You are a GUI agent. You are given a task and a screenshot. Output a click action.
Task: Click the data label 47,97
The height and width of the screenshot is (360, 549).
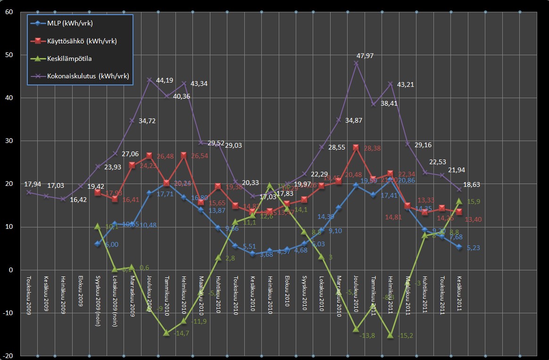(x=365, y=56)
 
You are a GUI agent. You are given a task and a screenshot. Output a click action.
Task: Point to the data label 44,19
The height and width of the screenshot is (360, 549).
(x=163, y=80)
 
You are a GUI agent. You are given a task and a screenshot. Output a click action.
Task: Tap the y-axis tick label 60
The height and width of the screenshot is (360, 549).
(x=8, y=12)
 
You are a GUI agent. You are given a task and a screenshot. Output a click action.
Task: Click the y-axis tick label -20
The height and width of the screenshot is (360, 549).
(x=7, y=356)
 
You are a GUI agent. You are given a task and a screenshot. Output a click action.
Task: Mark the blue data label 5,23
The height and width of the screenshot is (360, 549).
(x=474, y=248)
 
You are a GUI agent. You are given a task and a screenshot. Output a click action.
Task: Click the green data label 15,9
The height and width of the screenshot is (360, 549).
(x=474, y=201)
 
